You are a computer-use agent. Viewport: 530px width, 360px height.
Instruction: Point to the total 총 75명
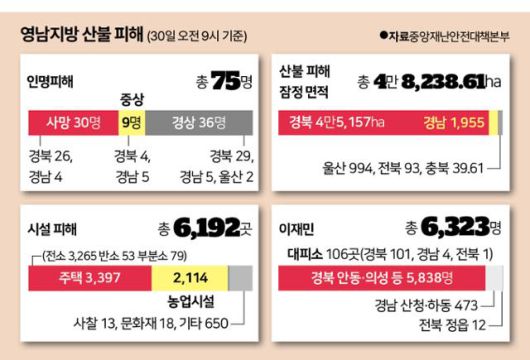pos(223,82)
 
